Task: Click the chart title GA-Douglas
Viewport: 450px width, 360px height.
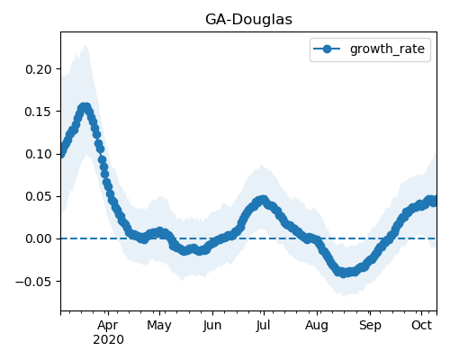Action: [248, 20]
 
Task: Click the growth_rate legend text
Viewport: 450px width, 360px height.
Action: [387, 49]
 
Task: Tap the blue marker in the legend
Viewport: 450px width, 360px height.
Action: [327, 49]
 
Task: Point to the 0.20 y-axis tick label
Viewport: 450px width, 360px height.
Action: [39, 69]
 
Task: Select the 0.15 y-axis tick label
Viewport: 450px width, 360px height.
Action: [39, 112]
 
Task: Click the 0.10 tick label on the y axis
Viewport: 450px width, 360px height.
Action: [39, 154]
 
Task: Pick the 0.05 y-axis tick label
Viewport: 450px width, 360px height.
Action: [39, 196]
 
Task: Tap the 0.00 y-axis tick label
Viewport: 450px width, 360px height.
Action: [39, 239]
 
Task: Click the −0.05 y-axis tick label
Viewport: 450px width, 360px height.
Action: [34, 282]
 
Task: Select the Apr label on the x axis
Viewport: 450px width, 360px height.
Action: [108, 326]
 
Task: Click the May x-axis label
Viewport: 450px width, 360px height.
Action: [159, 326]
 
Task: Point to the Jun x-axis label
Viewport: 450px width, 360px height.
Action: [212, 325]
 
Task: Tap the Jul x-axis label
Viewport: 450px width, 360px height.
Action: [263, 325]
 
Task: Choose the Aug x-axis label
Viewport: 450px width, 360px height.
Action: [317, 326]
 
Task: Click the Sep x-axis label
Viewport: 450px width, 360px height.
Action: [370, 326]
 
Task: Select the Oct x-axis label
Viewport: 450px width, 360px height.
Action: [421, 325]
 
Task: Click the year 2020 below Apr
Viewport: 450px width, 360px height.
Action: [108, 340]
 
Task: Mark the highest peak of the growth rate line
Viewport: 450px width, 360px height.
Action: [85, 107]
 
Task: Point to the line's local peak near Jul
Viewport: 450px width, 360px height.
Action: [263, 200]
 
